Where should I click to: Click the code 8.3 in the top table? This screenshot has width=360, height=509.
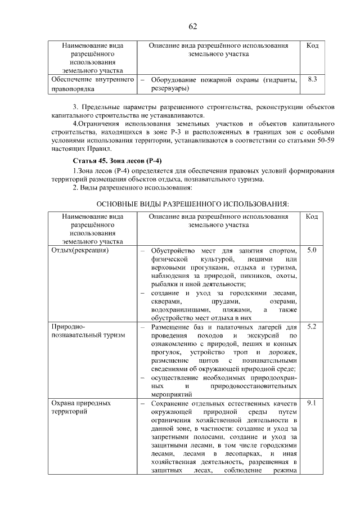click(x=313, y=80)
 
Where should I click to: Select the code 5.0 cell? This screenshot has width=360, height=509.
click(x=313, y=249)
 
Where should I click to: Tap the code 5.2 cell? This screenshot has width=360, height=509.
click(x=313, y=326)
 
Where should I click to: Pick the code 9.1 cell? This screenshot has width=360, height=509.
click(x=313, y=403)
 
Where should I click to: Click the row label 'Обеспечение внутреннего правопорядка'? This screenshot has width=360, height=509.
click(x=90, y=84)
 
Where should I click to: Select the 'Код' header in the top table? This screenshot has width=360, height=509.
click(x=313, y=46)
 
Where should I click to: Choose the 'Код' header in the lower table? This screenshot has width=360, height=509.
click(x=313, y=216)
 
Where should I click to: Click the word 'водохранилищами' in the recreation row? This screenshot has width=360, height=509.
click(x=177, y=309)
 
